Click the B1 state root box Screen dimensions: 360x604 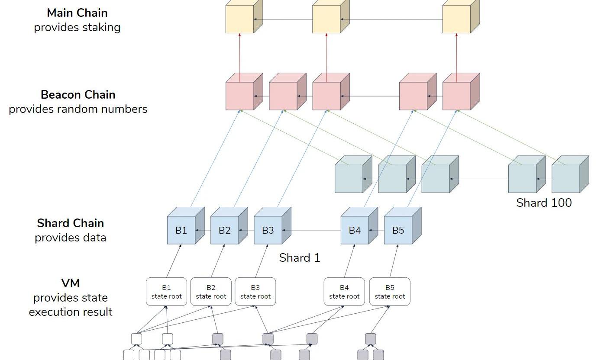167,292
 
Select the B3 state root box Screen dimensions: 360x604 255,292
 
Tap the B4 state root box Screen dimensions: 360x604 344,292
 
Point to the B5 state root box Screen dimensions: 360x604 390,292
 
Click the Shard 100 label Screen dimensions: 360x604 544,202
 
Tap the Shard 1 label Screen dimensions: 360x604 300,258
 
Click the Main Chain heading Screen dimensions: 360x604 77,13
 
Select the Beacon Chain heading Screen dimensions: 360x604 78,95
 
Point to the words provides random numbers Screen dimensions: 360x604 78,109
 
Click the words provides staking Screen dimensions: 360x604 77,27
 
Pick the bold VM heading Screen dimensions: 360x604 71,283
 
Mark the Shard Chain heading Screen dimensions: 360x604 71,223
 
